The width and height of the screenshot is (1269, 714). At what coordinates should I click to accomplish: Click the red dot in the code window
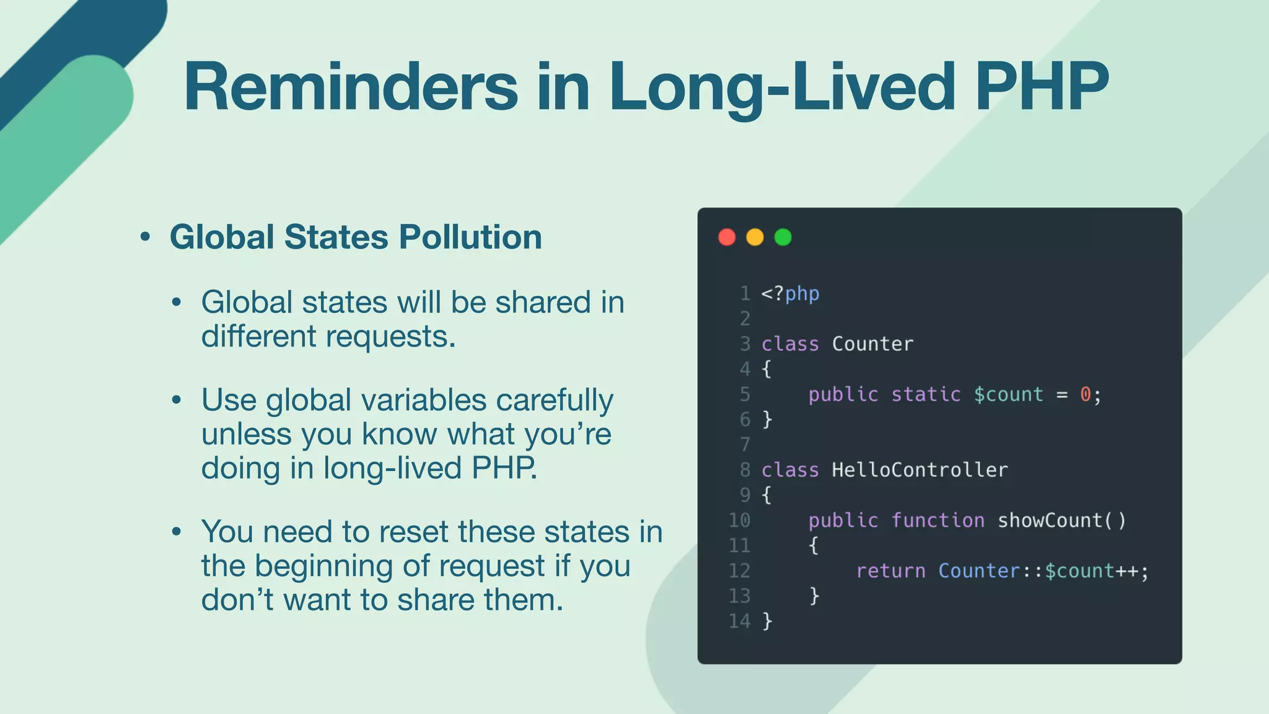tap(727, 237)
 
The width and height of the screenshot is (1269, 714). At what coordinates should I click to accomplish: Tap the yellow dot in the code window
tap(755, 237)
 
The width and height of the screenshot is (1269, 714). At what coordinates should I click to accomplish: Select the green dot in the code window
tap(783, 237)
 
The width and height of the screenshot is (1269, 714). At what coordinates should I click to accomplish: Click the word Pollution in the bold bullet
tap(470, 237)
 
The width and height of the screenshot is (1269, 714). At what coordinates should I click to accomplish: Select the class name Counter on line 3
tap(872, 344)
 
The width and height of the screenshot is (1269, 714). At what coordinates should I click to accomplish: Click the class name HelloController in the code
tap(920, 470)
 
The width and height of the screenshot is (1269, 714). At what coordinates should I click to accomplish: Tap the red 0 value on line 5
tap(1086, 394)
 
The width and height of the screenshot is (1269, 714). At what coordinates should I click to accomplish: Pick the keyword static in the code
tap(926, 394)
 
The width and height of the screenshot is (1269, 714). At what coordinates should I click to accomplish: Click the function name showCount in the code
tap(1050, 520)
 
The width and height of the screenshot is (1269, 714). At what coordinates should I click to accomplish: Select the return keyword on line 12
tap(890, 571)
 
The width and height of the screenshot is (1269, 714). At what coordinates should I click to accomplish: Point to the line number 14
tap(739, 621)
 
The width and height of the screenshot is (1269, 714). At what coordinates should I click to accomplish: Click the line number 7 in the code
tap(745, 444)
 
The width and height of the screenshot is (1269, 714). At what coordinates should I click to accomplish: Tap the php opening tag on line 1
tap(790, 293)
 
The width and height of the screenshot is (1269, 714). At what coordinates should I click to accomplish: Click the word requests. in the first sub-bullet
tap(390, 337)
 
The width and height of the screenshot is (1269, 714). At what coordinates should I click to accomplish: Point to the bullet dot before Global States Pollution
tap(145, 237)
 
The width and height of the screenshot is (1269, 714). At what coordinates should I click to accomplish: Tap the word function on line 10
tap(937, 520)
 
